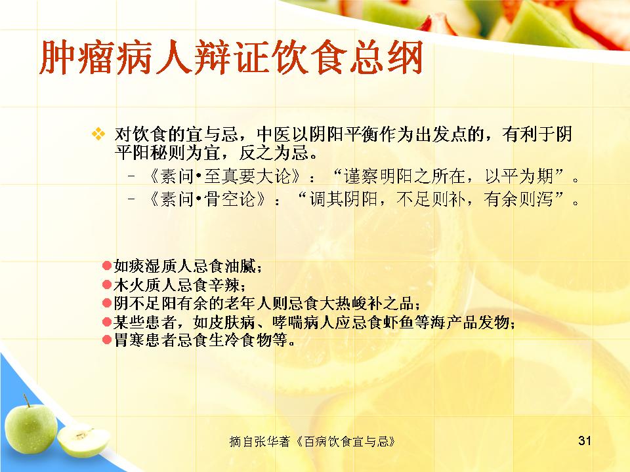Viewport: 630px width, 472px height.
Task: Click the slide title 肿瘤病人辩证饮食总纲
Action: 231,58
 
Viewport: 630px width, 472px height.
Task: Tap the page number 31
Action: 585,441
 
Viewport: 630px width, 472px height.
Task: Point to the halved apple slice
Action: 83,441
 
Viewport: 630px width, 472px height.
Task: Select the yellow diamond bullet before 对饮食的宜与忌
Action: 98,134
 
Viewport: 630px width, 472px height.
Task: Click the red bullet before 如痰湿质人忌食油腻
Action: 107,265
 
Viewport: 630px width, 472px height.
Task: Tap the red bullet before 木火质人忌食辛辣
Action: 107,285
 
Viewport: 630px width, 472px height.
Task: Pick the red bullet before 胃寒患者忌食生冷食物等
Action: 107,340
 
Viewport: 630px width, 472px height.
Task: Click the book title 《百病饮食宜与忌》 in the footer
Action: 346,441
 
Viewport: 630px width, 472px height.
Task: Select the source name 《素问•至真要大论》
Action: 224,176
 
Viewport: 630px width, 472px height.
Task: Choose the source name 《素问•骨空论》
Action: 207,199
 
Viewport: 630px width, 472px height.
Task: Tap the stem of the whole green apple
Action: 26,400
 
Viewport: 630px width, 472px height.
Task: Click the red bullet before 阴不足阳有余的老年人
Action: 107,303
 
